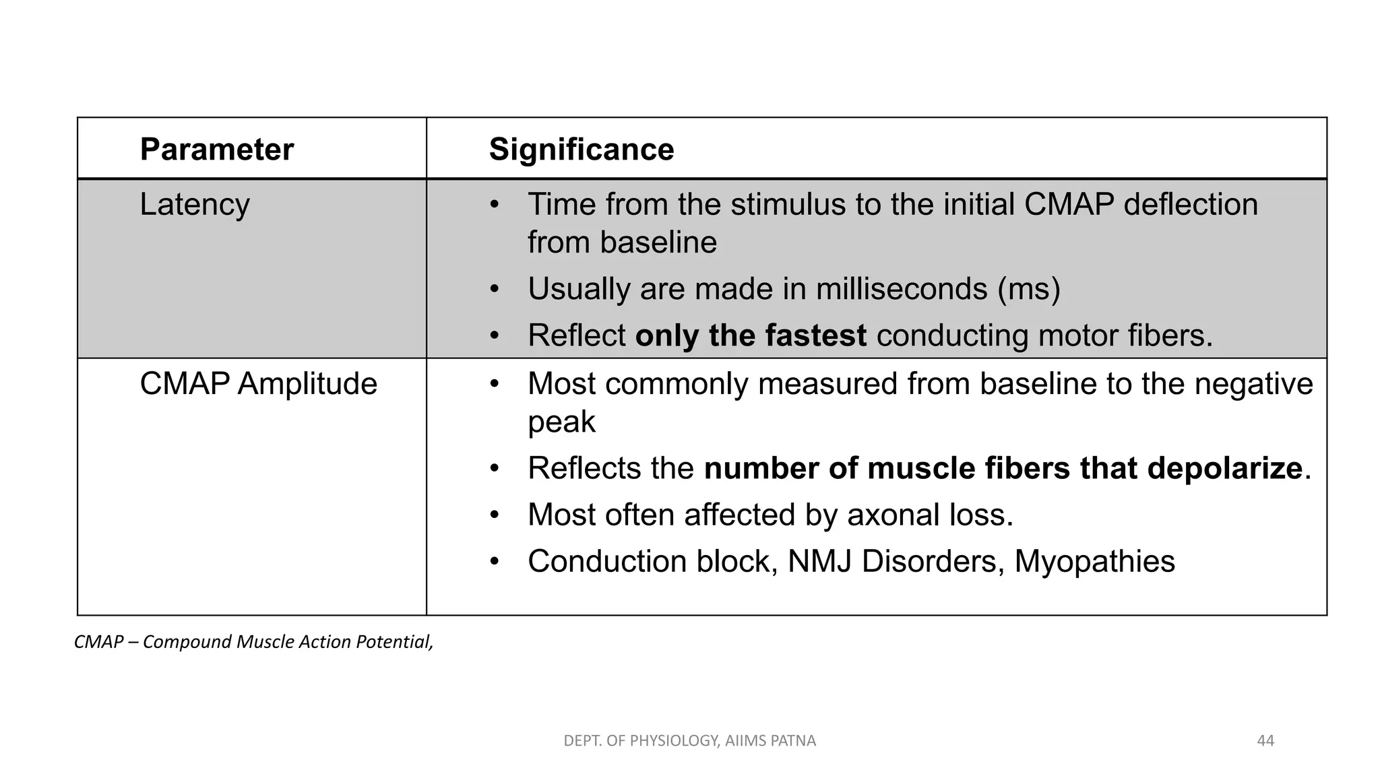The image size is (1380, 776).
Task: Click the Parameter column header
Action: [x=216, y=150]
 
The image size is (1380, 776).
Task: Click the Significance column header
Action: [x=581, y=150]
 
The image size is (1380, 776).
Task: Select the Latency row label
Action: [x=194, y=204]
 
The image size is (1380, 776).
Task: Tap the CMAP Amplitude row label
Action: [x=258, y=384]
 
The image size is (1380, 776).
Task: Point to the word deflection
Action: [x=1191, y=204]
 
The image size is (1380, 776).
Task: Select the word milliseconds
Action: [x=902, y=289]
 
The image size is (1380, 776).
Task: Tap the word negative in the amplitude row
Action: [x=1253, y=384]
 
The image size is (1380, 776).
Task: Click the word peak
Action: [x=561, y=422]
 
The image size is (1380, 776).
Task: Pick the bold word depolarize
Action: [x=1224, y=468]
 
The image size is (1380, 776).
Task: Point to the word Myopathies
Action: [x=1094, y=562]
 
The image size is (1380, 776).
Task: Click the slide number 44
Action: [x=1265, y=741]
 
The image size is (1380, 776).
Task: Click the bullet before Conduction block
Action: [x=495, y=561]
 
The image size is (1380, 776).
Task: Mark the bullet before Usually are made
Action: [x=495, y=289]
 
